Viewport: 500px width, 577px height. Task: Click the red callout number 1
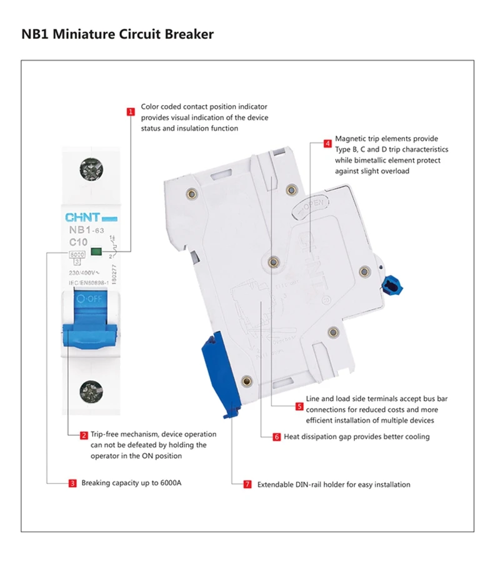[131, 112]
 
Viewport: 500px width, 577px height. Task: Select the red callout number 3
[72, 483]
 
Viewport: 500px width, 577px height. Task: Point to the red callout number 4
[327, 143]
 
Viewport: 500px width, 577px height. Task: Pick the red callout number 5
[299, 406]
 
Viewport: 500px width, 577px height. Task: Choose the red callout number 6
[276, 437]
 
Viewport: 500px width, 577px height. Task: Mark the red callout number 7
[247, 484]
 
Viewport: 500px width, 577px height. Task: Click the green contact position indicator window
[96, 252]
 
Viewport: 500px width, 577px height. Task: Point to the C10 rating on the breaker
[78, 241]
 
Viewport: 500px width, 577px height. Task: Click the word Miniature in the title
[84, 34]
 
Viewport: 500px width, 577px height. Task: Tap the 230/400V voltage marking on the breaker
[82, 273]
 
